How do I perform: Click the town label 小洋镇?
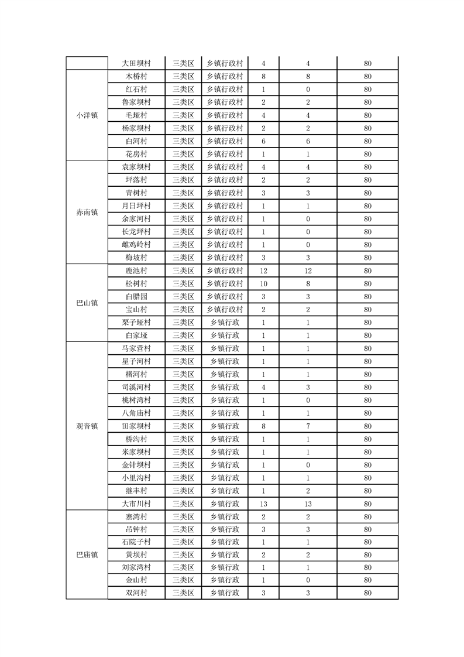(87, 115)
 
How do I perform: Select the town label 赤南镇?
(87, 213)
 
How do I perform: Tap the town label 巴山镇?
(87, 303)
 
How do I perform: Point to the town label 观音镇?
(87, 426)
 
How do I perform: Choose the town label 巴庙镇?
(87, 555)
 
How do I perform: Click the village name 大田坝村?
(136, 64)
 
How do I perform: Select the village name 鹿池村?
(136, 271)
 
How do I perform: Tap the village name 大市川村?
(136, 504)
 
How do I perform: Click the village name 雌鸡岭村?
(136, 245)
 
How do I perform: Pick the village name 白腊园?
(136, 297)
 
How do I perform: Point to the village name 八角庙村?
(136, 413)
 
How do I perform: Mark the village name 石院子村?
(136, 542)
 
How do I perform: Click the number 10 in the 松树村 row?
(263, 284)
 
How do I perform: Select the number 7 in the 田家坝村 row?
(308, 426)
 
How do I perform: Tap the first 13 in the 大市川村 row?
(263, 504)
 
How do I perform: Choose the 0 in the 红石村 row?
(308, 90)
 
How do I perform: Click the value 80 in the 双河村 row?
(367, 593)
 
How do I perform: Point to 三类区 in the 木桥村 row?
(183, 77)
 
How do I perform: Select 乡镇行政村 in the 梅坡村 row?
(225, 258)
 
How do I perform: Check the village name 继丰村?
(136, 491)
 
